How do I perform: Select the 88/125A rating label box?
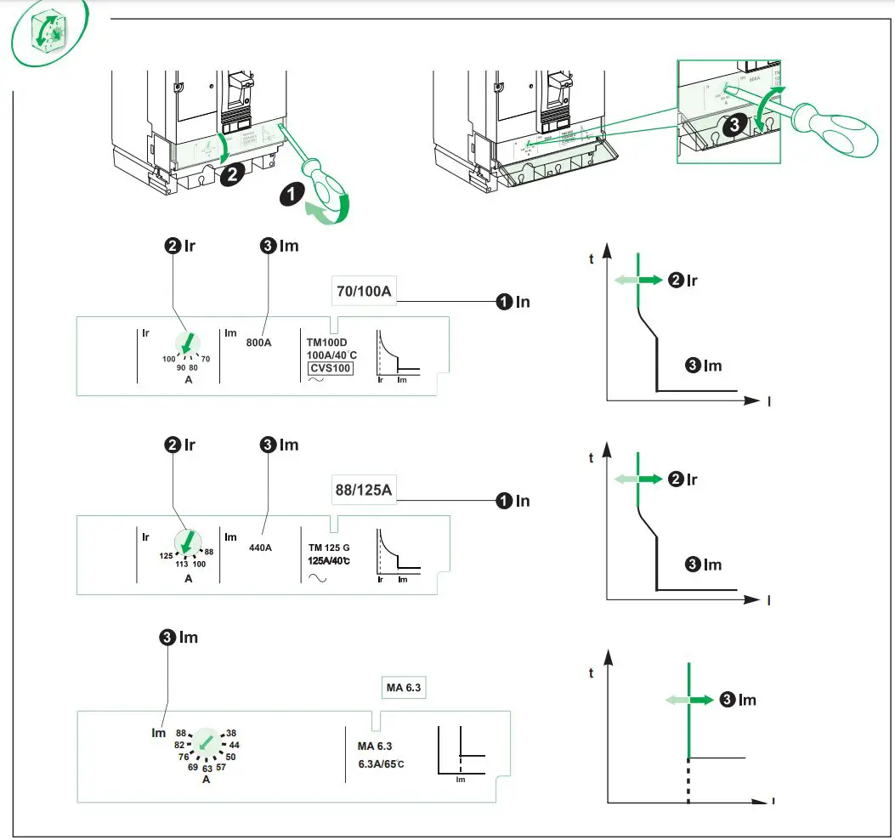[x=364, y=491]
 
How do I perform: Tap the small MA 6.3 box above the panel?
[x=402, y=687]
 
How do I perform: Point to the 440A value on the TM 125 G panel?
[x=260, y=547]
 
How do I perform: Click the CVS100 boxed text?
[x=330, y=367]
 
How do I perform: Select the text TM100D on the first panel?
[x=326, y=341]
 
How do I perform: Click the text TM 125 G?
[x=328, y=546]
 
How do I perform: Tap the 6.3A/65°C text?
[x=381, y=763]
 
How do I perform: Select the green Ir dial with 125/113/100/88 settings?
[x=188, y=542]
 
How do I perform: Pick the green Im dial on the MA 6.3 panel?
[x=205, y=743]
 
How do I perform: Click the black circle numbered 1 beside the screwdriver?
[x=291, y=194]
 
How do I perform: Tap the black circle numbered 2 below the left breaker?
[x=230, y=174]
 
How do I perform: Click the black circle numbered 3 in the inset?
[x=735, y=123]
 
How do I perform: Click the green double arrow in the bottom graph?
[x=688, y=700]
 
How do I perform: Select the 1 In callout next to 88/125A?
[x=513, y=501]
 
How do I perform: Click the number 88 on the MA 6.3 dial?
[x=180, y=733]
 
